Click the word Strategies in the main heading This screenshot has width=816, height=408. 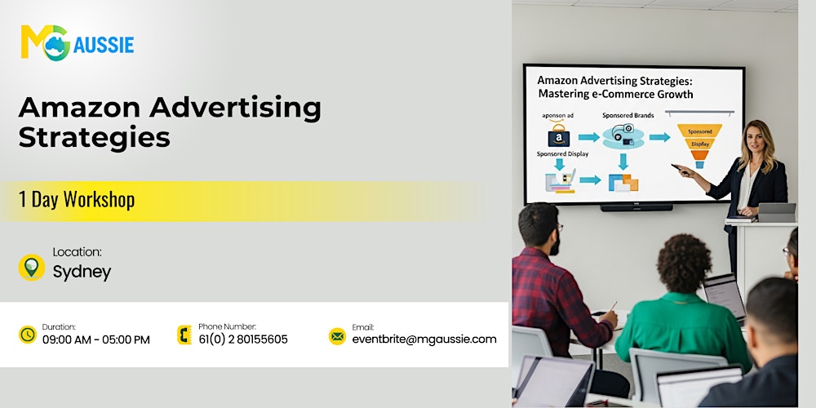94,136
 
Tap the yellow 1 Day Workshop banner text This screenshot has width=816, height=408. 78,199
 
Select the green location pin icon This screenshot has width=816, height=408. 31,267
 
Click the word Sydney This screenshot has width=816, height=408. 82,273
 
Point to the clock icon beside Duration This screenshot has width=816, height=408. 28,335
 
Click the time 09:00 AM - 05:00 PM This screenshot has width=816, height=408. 96,339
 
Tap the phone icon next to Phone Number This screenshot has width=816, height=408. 184,335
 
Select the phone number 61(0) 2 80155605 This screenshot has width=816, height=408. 243,339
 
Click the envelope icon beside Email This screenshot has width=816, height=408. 337,335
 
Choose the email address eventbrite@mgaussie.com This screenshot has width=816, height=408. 424,339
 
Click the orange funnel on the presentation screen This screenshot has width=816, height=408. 699,144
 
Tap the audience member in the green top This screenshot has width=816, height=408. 681,310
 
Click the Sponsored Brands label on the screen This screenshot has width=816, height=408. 628,115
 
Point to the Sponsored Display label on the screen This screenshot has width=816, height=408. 563,153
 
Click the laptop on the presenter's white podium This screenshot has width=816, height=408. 776,212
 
